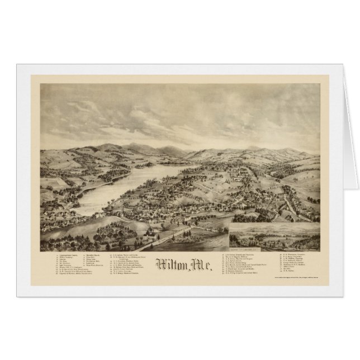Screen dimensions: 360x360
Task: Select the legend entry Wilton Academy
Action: pos(63,259)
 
